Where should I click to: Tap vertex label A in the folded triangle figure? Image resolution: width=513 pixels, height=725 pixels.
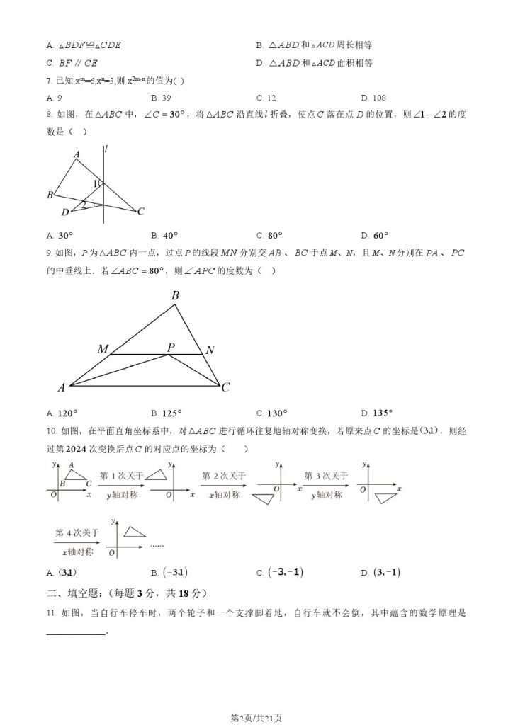[x=77, y=154]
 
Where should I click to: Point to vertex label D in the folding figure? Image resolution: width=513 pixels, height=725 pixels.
[x=64, y=211]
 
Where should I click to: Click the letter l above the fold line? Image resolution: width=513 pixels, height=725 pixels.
[x=105, y=148]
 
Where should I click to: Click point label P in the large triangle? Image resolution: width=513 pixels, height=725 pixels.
[x=171, y=348]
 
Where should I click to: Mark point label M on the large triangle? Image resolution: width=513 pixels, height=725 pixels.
[x=103, y=349]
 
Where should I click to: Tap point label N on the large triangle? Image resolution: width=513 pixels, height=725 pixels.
[x=210, y=349]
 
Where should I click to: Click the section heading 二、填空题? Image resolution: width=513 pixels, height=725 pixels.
[x=72, y=593]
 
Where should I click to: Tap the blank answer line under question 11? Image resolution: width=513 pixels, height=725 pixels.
[x=75, y=633]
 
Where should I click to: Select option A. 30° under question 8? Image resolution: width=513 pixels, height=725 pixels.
[x=60, y=236]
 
